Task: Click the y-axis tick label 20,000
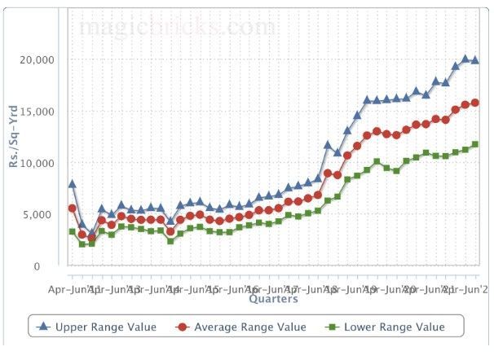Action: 35,60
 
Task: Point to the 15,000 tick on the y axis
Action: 35,112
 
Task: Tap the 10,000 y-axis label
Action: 35,164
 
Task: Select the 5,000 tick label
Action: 38,215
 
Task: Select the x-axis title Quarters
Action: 273,299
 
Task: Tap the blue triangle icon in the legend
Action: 44,327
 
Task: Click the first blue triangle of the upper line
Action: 73,184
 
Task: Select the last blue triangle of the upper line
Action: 474,60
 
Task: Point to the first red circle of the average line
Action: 73,209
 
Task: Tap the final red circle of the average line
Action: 474,103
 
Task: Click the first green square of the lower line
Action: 73,232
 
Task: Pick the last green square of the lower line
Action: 474,144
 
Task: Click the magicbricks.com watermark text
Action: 179,26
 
